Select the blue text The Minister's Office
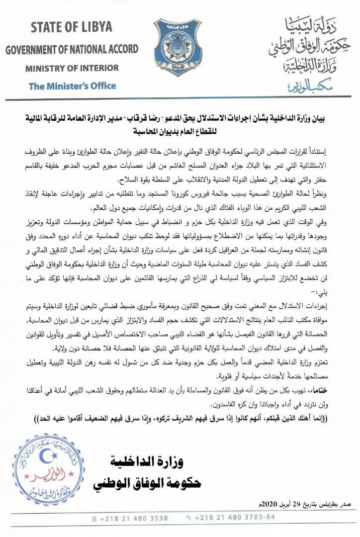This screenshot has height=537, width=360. [72, 86]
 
